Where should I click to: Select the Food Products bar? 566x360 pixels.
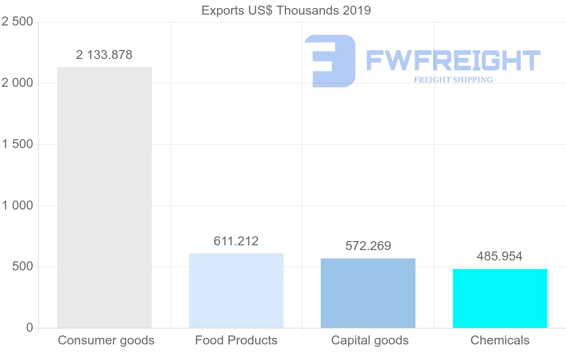pos(236,291)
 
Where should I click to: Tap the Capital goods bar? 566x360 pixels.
pos(368,293)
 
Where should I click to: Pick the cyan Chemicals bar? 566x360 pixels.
pos(500,298)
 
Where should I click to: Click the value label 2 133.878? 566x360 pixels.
pos(104,55)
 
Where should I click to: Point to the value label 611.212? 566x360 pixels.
pos(236,242)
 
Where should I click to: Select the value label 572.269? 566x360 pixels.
pos(368,246)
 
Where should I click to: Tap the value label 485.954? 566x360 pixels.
pos(499,257)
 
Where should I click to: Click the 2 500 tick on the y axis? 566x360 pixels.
pos(17,22)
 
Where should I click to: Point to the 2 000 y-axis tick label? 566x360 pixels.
pos(17,83)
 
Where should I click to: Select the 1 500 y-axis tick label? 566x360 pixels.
pos(17,144)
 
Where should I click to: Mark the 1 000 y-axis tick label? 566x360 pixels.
pos(17,206)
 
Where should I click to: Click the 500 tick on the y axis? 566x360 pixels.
pos(23,267)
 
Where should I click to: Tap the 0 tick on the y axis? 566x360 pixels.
pos(30,327)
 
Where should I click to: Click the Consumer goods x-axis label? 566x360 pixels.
pos(106,340)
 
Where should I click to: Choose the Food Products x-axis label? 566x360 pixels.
pos(236,340)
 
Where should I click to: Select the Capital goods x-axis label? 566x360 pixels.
pos(370,340)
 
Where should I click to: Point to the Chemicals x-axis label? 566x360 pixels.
pos(500,340)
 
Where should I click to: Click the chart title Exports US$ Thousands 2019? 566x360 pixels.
pos(286,10)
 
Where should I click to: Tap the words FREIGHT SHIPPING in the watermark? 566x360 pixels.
pos(453,80)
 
